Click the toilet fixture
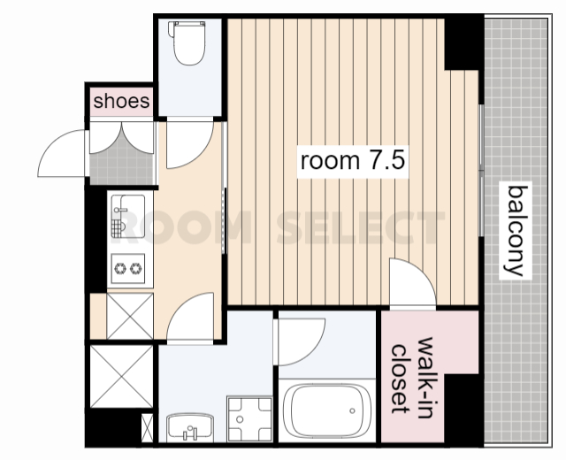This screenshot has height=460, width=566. click(x=189, y=42)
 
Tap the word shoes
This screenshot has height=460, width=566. click(x=121, y=101)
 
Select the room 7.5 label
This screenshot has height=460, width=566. click(x=352, y=161)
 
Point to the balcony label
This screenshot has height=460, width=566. click(x=516, y=230)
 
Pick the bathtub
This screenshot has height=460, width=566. click(x=327, y=410)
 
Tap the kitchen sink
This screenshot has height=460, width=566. click(x=128, y=216)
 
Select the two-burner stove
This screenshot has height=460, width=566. click(x=128, y=268)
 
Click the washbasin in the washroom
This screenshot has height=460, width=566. click(x=190, y=428)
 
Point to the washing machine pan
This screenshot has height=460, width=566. click(x=249, y=418)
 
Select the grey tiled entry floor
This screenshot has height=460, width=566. click(x=122, y=166)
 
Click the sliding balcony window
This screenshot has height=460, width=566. click(x=481, y=171)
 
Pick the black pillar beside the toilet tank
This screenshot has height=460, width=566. click(x=463, y=42)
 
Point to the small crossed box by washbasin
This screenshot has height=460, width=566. click(x=148, y=428)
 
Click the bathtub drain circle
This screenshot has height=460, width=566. click(x=352, y=410)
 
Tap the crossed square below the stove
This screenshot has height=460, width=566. click(x=130, y=317)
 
